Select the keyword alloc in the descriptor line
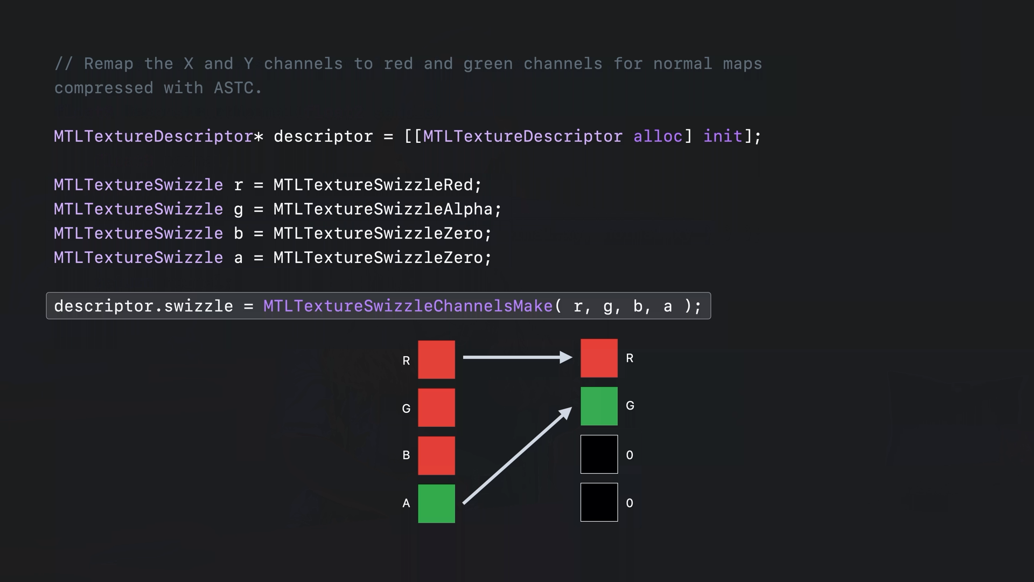(658, 136)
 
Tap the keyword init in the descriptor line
(723, 136)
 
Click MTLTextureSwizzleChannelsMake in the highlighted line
(408, 306)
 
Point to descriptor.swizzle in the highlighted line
(143, 306)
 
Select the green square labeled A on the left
(436, 503)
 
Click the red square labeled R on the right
(599, 358)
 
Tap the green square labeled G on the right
(599, 406)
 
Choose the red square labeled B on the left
(436, 455)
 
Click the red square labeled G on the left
(436, 407)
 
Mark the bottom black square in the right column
(599, 502)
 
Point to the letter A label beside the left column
(406, 503)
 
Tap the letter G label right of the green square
(630, 406)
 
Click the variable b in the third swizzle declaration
(238, 233)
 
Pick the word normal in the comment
(682, 64)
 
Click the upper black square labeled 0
(599, 454)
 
